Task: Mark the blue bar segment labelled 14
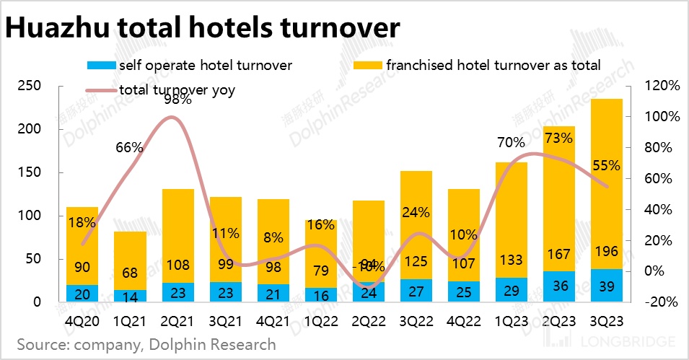[130, 296]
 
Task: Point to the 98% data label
[177, 100]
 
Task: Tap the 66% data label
[130, 148]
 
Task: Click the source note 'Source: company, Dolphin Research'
[146, 344]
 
